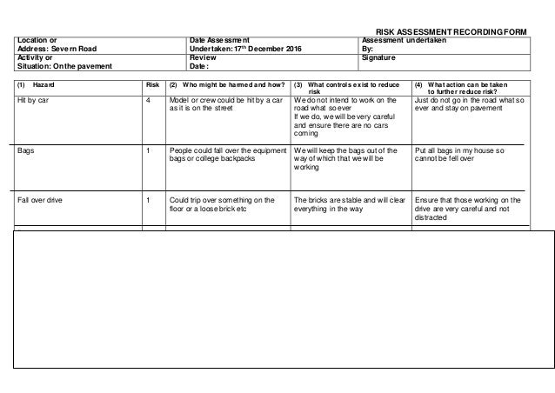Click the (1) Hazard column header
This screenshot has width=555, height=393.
tap(36, 85)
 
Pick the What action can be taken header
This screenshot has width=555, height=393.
tap(470, 89)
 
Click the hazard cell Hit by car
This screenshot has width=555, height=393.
tap(33, 102)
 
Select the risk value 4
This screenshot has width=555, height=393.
tap(149, 102)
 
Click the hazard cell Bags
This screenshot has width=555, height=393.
tap(26, 150)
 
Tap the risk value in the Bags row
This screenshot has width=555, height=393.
tap(149, 150)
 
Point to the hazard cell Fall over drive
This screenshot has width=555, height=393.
tap(41, 200)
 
